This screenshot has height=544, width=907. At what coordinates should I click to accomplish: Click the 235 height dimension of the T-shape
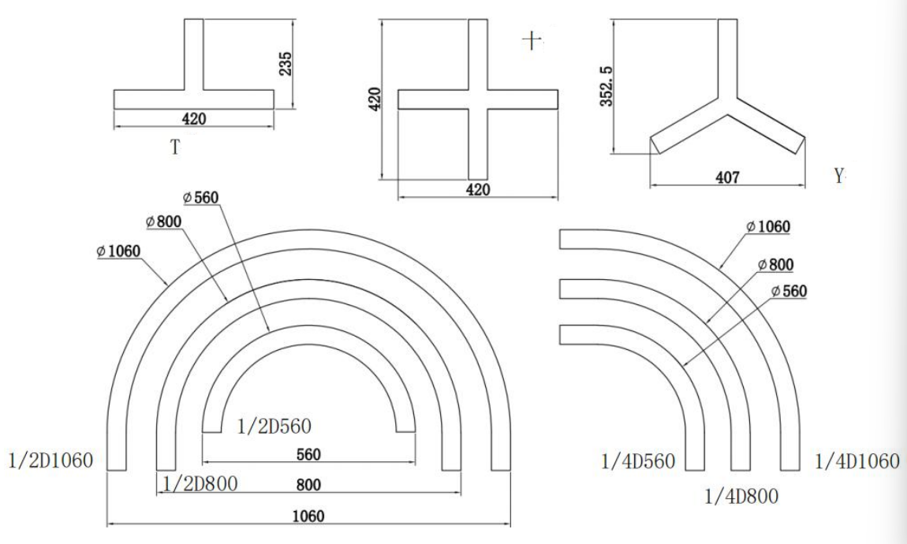click(286, 64)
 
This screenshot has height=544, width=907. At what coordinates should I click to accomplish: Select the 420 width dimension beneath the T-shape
click(194, 119)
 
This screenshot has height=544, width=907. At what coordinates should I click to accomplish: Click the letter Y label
click(839, 177)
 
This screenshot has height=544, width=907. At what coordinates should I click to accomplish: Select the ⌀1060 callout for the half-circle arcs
click(120, 252)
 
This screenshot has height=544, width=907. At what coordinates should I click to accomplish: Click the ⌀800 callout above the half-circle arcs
click(164, 222)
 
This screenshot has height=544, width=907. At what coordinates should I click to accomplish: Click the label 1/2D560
click(274, 427)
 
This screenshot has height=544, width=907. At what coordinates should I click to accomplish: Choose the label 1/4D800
click(740, 496)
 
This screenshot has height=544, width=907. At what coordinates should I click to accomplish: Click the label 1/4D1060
click(857, 460)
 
